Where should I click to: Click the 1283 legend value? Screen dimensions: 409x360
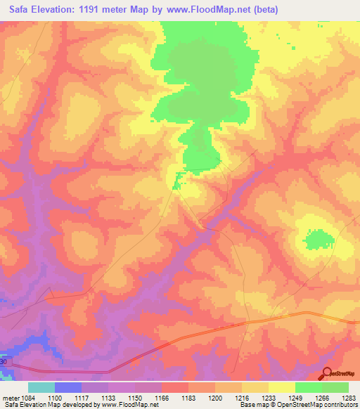pos(349,398)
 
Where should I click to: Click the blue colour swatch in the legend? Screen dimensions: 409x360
pos(68,387)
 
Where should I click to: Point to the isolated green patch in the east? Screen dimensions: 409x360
pos(319,239)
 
